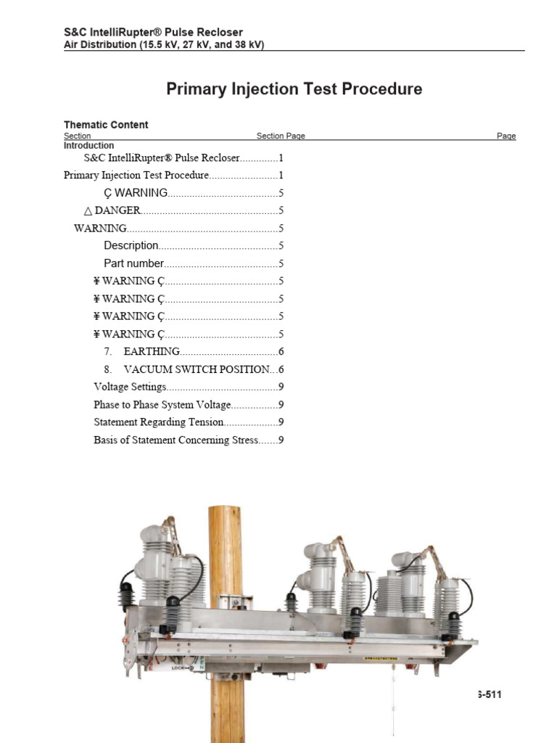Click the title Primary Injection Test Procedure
pyautogui.click(x=294, y=89)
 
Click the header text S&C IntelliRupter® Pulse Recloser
pyautogui.click(x=153, y=32)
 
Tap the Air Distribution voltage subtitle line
pyautogui.click(x=164, y=44)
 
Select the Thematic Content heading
pyautogui.click(x=106, y=125)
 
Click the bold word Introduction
pyautogui.click(x=89, y=145)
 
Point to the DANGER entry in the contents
pyautogui.click(x=117, y=210)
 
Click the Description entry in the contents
pyautogui.click(x=131, y=246)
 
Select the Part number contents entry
pyautogui.click(x=133, y=263)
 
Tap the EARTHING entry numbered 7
pyautogui.click(x=151, y=352)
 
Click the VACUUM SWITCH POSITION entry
pyautogui.click(x=196, y=369)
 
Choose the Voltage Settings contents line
pyautogui.click(x=130, y=387)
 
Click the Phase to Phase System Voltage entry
pyautogui.click(x=162, y=405)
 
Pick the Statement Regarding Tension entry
pyautogui.click(x=159, y=422)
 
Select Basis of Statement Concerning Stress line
pyautogui.click(x=176, y=440)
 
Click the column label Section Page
pyautogui.click(x=281, y=136)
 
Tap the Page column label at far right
pyautogui.click(x=506, y=136)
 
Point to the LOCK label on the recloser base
pyautogui.click(x=179, y=666)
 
